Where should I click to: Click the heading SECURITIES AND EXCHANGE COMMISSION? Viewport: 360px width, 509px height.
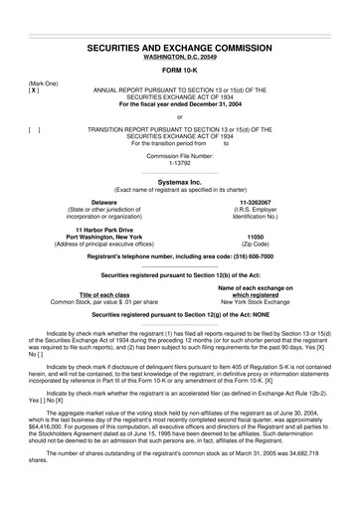pos(179,47)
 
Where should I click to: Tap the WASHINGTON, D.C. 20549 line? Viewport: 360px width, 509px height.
pos(179,58)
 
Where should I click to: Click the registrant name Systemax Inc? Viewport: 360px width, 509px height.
pos(179,182)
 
